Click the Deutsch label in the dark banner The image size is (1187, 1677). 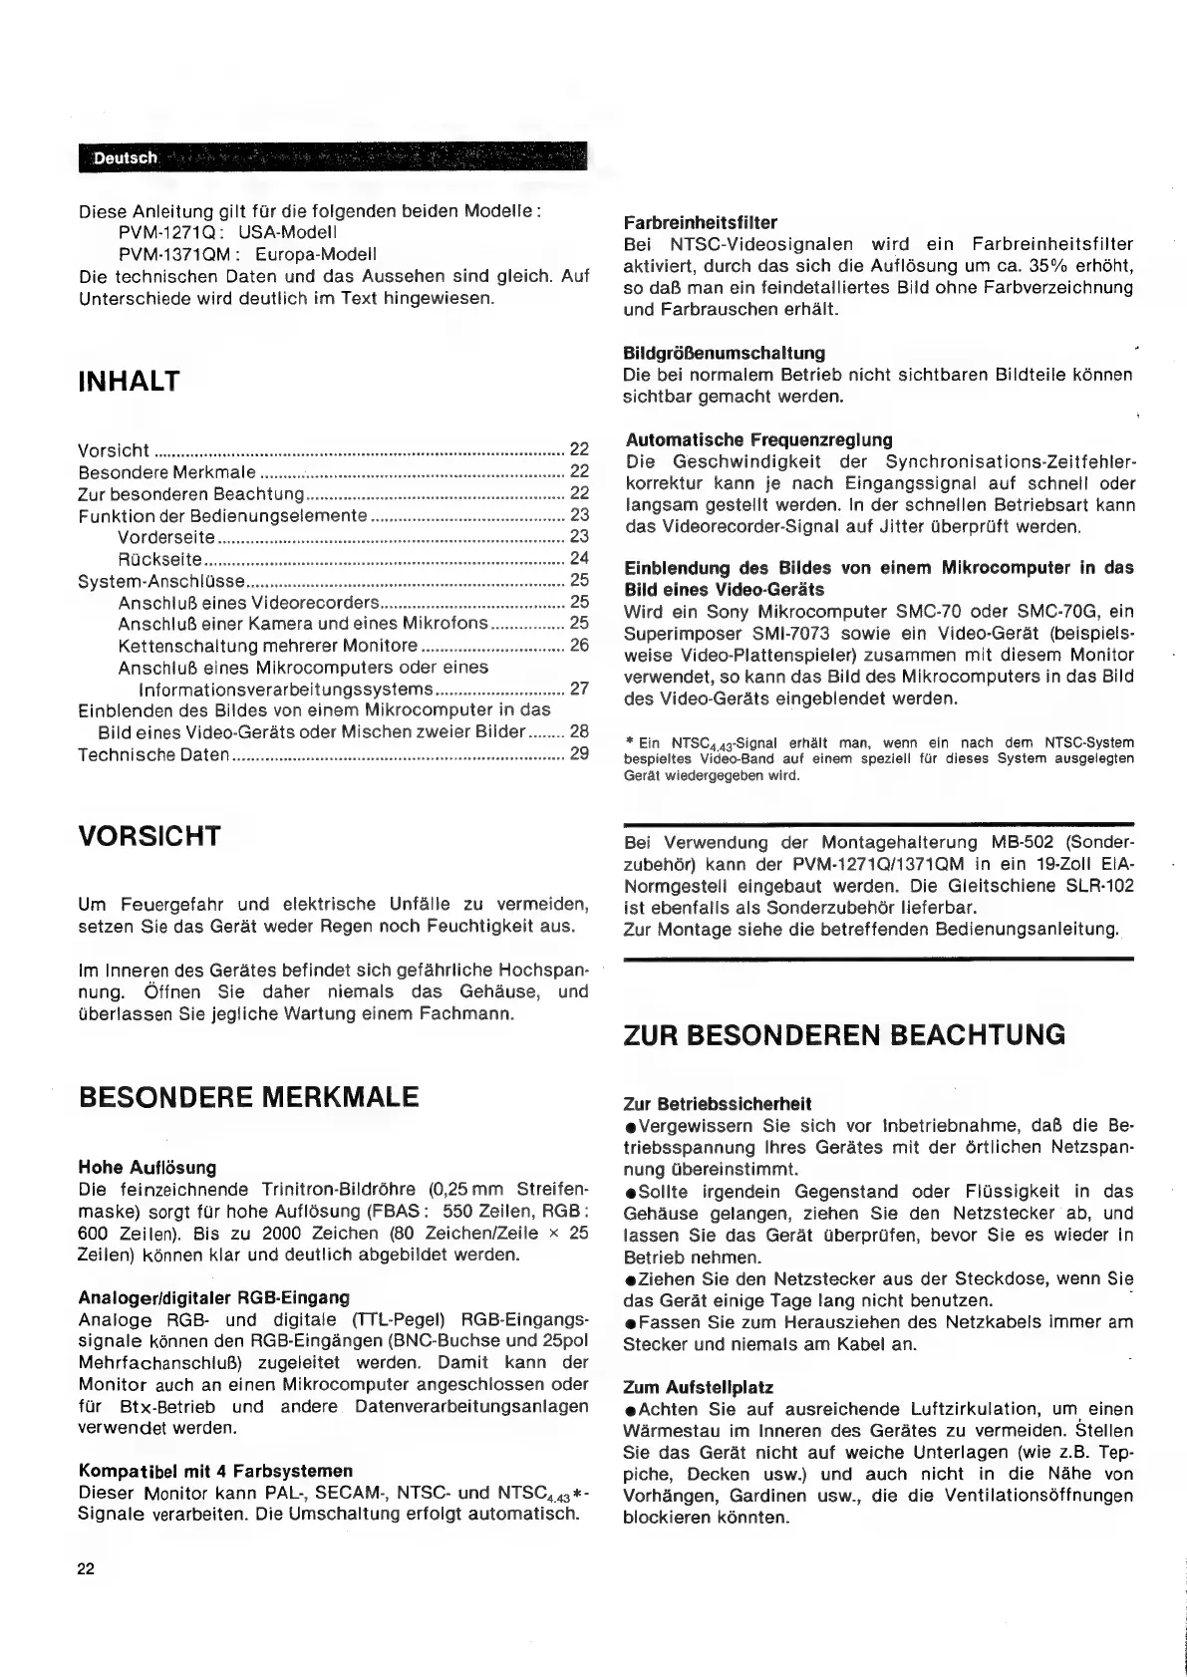click(126, 158)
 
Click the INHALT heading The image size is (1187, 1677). click(130, 382)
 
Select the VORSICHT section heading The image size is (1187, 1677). click(149, 836)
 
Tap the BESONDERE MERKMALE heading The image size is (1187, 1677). click(248, 1098)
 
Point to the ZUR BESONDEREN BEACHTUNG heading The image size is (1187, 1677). click(843, 1034)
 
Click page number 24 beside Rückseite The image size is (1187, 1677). click(579, 559)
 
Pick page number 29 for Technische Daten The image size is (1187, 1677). click(579, 754)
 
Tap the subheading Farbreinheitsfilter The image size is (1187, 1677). click(700, 222)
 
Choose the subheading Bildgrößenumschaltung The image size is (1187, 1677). click(724, 353)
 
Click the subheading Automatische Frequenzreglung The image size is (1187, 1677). click(759, 439)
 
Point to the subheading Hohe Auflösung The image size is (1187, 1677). click(147, 1167)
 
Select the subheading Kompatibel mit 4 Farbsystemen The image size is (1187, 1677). click(215, 1471)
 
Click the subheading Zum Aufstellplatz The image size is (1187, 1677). click(698, 1387)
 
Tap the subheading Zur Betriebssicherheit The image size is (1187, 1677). click(717, 1104)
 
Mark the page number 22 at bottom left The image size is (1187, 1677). click(86, 1569)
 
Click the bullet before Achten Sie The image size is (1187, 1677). click(630, 1410)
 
